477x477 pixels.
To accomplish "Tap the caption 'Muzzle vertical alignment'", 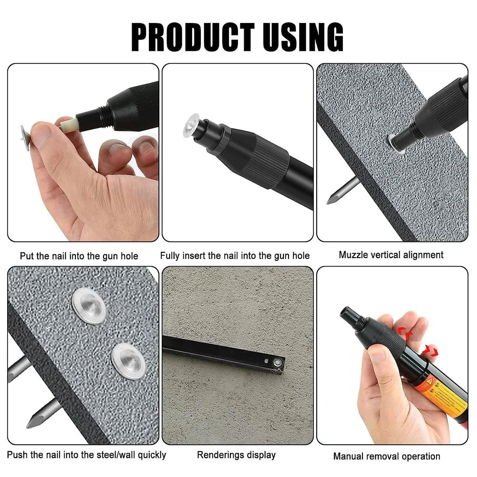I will (x=391, y=255).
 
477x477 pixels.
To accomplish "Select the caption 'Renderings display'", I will (x=236, y=455).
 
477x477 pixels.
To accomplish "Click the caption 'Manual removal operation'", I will (x=386, y=456).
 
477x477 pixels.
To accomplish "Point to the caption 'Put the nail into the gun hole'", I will (x=79, y=256).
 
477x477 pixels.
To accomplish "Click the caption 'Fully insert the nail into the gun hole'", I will (x=235, y=256).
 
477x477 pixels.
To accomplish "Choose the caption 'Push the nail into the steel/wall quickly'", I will (x=86, y=455).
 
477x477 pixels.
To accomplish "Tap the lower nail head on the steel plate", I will (x=127, y=360).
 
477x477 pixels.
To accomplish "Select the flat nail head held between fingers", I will (x=23, y=137).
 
